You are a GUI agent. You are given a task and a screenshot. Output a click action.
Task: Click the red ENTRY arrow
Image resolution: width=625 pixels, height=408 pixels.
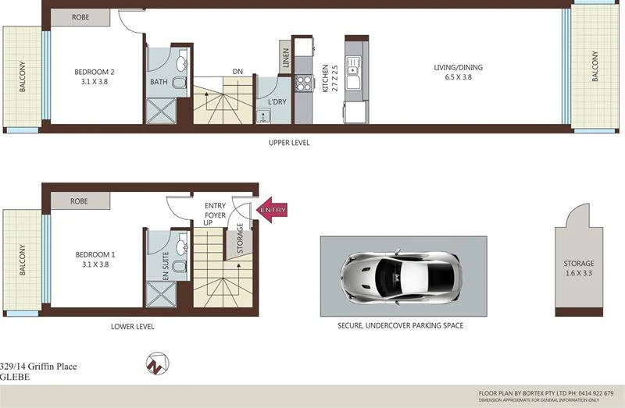tap(272, 210)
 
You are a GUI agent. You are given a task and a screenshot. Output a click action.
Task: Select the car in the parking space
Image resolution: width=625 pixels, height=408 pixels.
tap(398, 276)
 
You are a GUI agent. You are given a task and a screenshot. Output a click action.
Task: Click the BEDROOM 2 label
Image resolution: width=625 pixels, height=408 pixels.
tap(95, 73)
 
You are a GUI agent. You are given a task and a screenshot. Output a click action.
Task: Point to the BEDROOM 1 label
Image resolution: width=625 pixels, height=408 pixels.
tap(95, 260)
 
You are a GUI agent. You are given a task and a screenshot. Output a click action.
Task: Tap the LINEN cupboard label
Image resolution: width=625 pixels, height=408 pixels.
tap(286, 59)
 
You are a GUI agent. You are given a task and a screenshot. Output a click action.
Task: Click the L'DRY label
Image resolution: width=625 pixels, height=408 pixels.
tap(276, 103)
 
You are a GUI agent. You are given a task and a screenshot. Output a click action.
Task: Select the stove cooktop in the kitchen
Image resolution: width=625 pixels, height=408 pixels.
tap(302, 81)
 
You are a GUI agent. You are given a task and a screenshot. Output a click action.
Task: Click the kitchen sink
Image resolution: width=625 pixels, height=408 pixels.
tap(356, 71)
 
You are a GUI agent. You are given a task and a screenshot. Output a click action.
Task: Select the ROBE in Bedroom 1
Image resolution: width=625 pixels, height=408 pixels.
tap(79, 200)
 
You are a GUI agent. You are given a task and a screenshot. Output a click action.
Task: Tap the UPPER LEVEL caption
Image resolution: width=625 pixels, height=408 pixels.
tap(288, 143)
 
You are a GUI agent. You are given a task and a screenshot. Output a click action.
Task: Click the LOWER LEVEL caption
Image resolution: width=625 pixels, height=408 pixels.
tap(132, 327)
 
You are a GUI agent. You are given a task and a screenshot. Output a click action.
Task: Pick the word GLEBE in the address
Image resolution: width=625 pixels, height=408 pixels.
tap(15, 377)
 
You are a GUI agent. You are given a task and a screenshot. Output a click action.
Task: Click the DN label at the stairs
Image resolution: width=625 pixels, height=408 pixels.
tap(237, 72)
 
